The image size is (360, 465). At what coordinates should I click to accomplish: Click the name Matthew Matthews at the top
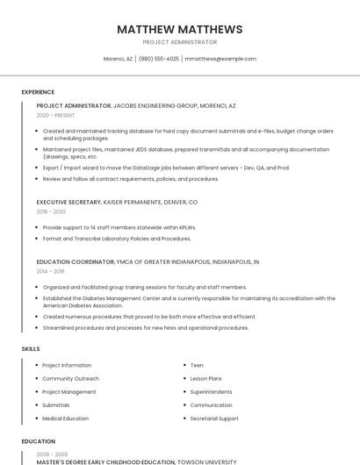pos(179,29)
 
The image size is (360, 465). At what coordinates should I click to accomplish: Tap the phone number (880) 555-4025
pos(159,59)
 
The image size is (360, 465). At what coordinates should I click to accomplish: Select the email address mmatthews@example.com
pos(220,59)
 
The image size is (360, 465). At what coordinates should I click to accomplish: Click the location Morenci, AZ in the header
pos(118,59)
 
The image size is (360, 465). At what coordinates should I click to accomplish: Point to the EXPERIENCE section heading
pos(38,92)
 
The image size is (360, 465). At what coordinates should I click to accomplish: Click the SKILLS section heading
pos(31,349)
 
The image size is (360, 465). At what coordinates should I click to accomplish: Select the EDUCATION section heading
pos(38,441)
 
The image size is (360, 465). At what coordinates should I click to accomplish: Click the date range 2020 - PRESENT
pos(55,115)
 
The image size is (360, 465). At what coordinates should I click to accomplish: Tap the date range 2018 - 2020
pos(51,211)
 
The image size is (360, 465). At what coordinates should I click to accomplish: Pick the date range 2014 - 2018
pos(50,271)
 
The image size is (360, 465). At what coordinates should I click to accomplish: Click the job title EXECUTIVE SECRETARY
pos(68,202)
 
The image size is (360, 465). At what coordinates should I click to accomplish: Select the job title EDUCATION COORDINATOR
pos(75,261)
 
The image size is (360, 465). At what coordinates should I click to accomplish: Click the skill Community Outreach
pos(70,378)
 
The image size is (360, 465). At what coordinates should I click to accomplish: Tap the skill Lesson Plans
pos(205,378)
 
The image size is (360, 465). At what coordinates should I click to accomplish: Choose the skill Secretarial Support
pos(214,418)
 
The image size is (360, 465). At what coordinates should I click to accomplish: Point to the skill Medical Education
pos(65,418)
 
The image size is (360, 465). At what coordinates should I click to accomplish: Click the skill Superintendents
pos(211,391)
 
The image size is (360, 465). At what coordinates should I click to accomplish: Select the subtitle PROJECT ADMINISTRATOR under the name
pos(179,42)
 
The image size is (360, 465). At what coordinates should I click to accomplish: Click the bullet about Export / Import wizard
pos(166,168)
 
